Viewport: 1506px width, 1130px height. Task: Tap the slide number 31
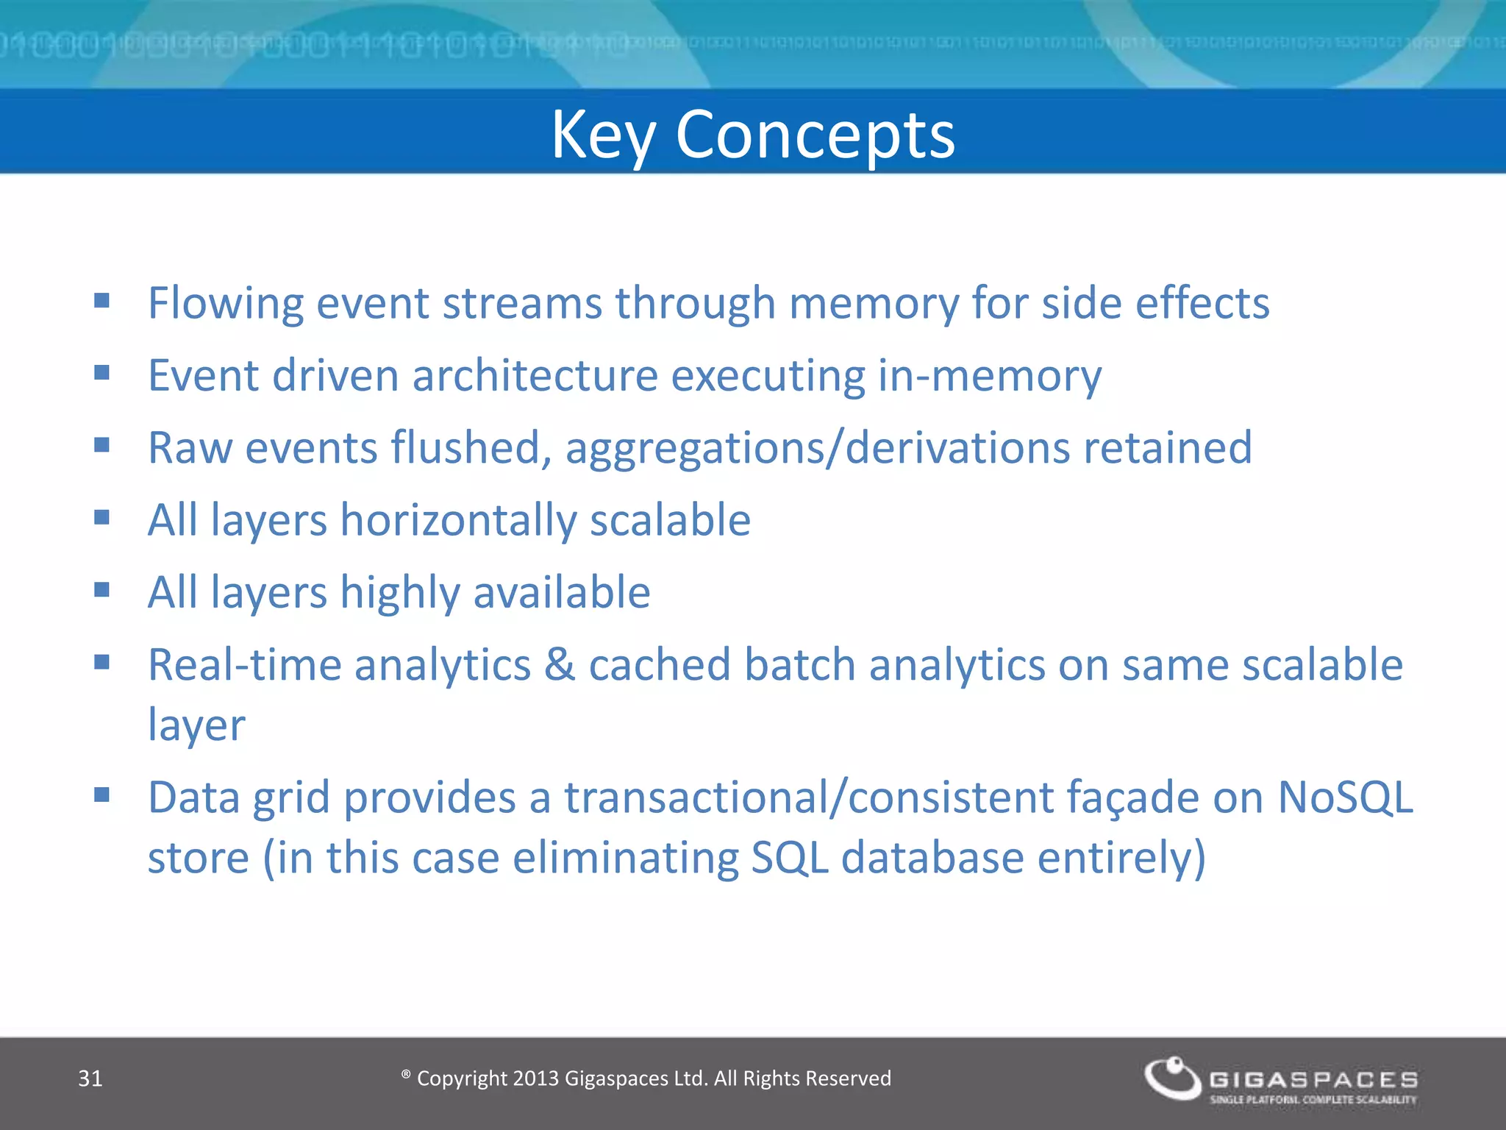tap(90, 1079)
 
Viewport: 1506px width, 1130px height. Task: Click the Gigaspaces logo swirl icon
tap(1172, 1079)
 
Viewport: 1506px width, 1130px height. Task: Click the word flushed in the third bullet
tap(471, 447)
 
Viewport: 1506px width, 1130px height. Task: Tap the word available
tap(562, 593)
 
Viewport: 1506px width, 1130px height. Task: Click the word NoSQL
tap(1345, 797)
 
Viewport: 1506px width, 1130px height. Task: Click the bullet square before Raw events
tap(101, 445)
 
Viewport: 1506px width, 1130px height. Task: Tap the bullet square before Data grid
tap(101, 795)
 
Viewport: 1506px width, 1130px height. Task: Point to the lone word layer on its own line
tap(196, 726)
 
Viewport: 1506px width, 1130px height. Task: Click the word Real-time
tap(244, 665)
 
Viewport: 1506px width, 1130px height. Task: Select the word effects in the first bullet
tap(1202, 303)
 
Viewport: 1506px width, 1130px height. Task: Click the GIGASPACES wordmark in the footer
tap(1313, 1079)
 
